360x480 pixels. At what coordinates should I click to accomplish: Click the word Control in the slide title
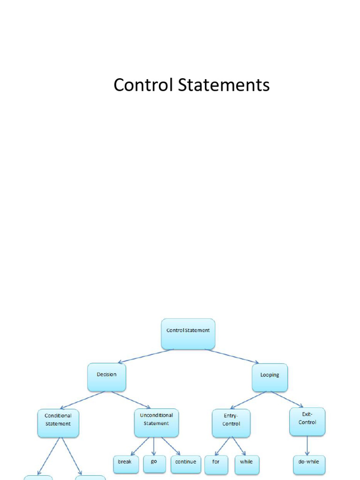143,85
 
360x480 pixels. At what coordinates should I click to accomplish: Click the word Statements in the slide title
224,85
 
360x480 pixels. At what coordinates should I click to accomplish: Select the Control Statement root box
188,334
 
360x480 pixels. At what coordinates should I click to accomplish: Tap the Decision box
106,377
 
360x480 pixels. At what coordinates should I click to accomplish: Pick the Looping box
270,377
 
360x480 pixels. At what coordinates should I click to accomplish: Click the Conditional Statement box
58,423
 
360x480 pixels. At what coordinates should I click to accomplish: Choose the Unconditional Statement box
157,423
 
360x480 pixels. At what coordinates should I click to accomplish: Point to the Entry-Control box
231,423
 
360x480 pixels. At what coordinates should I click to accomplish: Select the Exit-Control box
307,421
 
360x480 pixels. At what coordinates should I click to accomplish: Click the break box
126,465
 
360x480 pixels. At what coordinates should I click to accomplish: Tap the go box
155,464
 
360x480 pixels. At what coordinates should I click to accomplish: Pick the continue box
186,465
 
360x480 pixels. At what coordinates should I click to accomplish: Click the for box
216,465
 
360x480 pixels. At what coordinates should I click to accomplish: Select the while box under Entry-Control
247,465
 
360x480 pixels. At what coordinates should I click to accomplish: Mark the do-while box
309,465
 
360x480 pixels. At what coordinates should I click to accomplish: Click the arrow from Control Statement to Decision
146,356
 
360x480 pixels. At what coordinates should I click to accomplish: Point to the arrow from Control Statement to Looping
232,356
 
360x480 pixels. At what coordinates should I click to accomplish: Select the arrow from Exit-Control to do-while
307,446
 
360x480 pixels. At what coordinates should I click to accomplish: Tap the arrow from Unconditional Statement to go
154,446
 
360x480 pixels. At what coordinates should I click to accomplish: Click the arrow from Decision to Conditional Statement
82,400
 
